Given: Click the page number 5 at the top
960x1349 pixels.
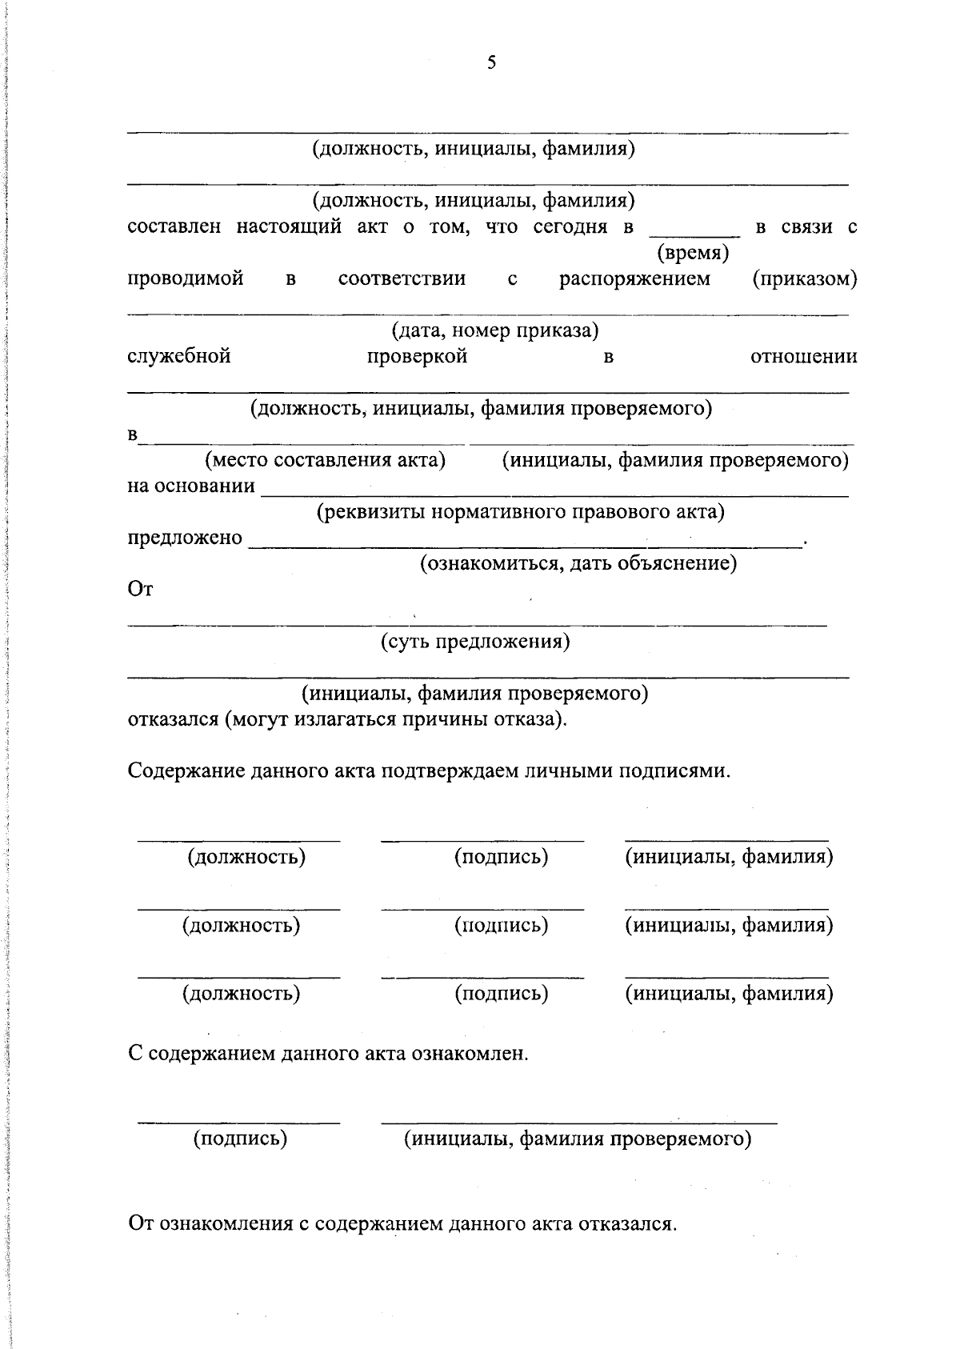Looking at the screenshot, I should pos(491,63).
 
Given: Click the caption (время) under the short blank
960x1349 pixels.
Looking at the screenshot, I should pos(693,254).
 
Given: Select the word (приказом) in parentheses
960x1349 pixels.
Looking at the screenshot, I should pos(805,279).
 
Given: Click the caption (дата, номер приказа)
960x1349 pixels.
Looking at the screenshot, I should pos(495,330).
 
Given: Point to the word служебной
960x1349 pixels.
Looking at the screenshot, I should pos(179,356).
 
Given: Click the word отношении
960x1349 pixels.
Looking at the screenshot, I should pos(803,356).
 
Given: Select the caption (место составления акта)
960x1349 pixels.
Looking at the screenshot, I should pos(325,460).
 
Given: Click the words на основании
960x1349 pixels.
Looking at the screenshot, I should pos(192,486).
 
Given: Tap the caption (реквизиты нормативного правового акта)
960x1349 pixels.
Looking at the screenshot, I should pos(521,512).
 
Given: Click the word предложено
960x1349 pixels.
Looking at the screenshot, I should pos(185,538).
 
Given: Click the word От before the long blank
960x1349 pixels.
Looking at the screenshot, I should pos(140,590).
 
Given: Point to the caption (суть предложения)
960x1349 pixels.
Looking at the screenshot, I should pos(475,642).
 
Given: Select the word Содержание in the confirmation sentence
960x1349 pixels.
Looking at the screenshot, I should pos(186,771).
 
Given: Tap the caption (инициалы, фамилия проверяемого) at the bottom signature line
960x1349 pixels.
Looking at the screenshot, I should pos(578,1139).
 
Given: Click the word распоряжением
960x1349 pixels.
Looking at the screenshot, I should pos(634,279).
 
